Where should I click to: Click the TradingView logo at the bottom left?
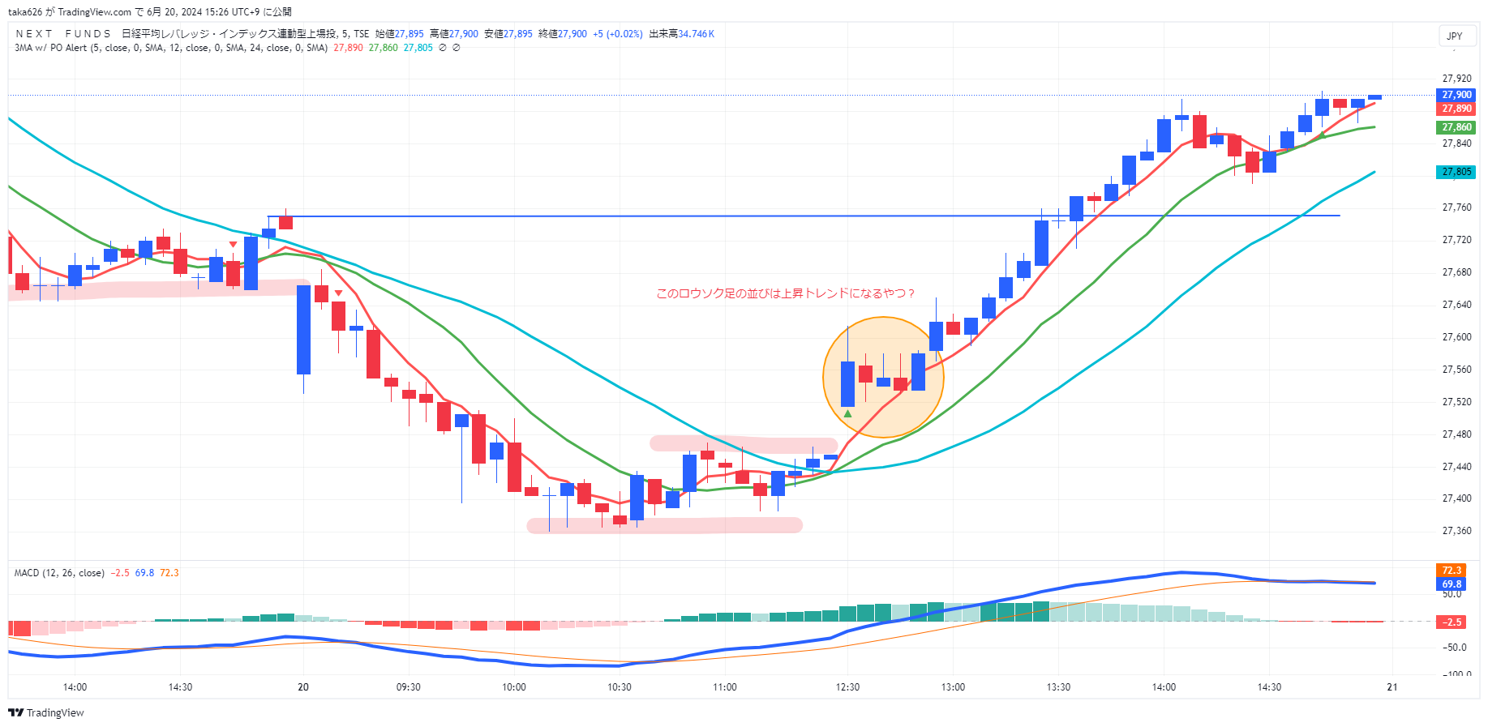pyautogui.click(x=46, y=712)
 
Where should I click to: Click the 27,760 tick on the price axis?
pyautogui.click(x=1456, y=207)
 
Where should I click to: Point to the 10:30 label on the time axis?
pyautogui.click(x=620, y=687)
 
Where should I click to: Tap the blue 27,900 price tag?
pyautogui.click(x=1456, y=95)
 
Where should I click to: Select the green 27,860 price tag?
pyautogui.click(x=1456, y=127)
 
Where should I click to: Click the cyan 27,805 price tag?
pyautogui.click(x=1456, y=172)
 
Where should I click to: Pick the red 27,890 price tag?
pyautogui.click(x=1456, y=109)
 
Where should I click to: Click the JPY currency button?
pyautogui.click(x=1455, y=36)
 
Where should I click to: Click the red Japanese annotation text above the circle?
pyautogui.click(x=785, y=293)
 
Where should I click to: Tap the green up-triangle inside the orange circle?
pyautogui.click(x=847, y=414)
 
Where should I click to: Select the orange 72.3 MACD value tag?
pyautogui.click(x=1451, y=571)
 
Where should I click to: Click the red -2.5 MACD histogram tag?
pyautogui.click(x=1451, y=622)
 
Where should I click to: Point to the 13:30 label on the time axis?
pyautogui.click(x=1058, y=687)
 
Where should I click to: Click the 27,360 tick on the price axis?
pyautogui.click(x=1456, y=531)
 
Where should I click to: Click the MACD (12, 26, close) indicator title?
pyautogui.click(x=59, y=573)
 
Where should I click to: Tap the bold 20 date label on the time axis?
pyautogui.click(x=303, y=687)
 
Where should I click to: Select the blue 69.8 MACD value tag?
pyautogui.click(x=1451, y=584)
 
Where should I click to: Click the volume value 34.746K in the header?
pyautogui.click(x=696, y=34)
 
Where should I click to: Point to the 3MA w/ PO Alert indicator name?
pyautogui.click(x=50, y=48)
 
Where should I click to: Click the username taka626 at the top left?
pyautogui.click(x=25, y=12)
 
